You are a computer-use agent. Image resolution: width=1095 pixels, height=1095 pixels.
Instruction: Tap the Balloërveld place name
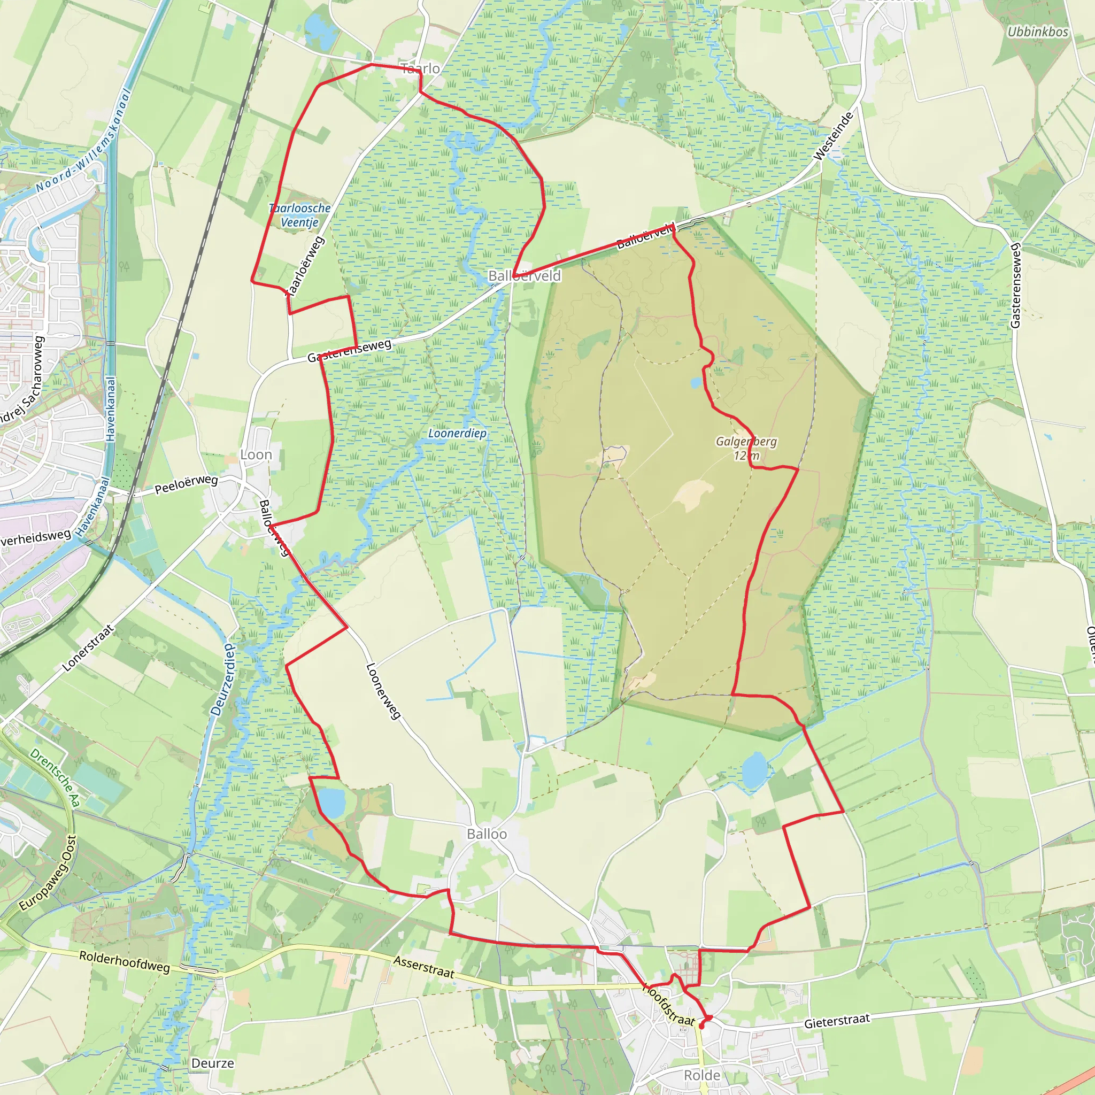525,276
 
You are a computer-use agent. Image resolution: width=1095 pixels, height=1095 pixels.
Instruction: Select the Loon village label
256,454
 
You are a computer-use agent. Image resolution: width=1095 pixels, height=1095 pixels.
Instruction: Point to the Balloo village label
487,834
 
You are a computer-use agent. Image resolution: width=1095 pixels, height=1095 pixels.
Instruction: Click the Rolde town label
701,1075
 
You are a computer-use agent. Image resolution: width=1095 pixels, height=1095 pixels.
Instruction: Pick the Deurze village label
213,1063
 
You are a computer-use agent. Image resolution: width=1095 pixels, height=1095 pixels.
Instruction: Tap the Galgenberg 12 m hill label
746,448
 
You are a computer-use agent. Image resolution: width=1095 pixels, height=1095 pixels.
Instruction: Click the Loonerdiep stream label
457,434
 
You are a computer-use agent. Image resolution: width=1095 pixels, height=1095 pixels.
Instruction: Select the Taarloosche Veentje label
300,215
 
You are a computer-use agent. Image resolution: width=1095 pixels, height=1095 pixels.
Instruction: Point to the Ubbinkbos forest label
1037,32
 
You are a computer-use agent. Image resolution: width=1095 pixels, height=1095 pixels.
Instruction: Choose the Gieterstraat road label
837,1021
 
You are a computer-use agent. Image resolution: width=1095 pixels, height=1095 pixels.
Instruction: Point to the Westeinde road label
833,136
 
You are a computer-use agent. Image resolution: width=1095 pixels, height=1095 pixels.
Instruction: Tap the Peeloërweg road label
186,484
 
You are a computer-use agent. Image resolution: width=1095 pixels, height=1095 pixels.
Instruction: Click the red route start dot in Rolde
701,1025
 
